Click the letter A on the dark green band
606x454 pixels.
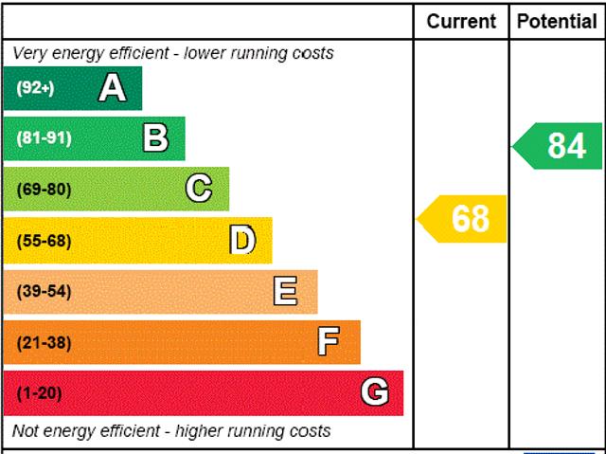(112, 88)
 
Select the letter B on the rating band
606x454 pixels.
(155, 138)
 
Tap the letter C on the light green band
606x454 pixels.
(198, 189)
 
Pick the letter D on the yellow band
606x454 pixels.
(242, 241)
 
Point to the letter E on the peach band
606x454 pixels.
(285, 291)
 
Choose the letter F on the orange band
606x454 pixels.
(329, 341)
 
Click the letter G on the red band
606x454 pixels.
(374, 392)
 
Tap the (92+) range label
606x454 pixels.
(35, 88)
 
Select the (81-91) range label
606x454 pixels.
(44, 138)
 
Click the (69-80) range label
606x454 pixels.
(44, 190)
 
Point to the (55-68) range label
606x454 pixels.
(44, 241)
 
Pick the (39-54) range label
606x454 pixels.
(44, 291)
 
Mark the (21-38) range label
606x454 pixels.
(44, 342)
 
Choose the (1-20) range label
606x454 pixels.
(39, 393)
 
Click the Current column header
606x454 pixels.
(461, 21)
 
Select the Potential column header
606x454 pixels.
(557, 21)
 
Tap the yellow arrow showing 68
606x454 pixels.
(463, 219)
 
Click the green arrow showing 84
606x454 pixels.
(559, 146)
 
